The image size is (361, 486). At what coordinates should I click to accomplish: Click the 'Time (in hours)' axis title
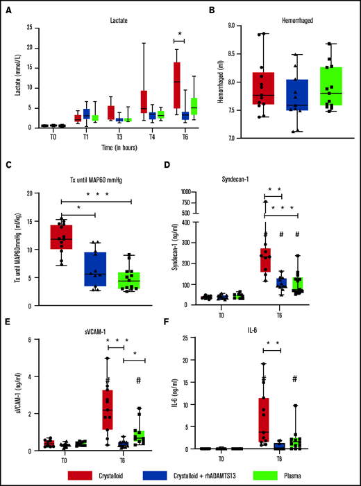tap(108, 147)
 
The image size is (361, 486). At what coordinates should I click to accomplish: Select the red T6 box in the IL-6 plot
tap(265, 417)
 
